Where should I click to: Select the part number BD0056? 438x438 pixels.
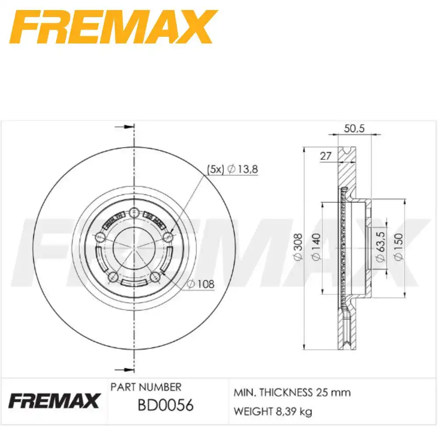click(x=166, y=405)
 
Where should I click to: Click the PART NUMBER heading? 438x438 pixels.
click(x=145, y=387)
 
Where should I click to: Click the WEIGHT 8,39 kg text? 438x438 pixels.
click(x=273, y=412)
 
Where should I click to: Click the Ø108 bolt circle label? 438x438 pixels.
click(x=201, y=284)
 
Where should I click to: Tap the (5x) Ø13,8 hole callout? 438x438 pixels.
click(x=232, y=169)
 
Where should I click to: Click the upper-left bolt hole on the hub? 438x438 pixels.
click(x=100, y=237)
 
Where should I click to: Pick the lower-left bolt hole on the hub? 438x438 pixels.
click(x=113, y=276)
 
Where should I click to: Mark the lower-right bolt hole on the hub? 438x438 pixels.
click(x=155, y=276)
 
